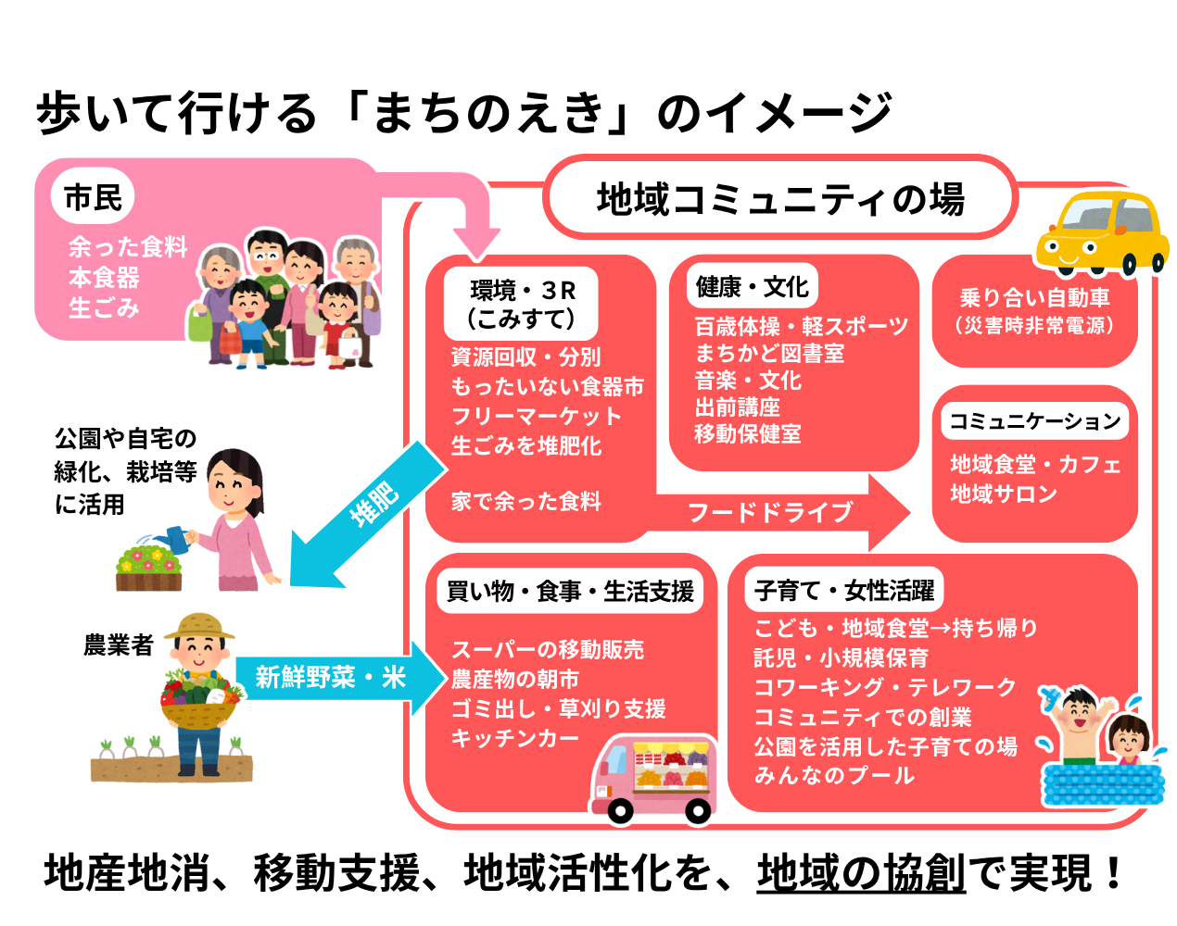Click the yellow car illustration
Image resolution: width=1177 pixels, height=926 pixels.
pyautogui.click(x=1103, y=232)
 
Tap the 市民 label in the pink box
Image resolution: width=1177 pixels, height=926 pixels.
pyautogui.click(x=93, y=197)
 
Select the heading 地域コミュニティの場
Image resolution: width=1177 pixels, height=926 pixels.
pyautogui.click(x=779, y=199)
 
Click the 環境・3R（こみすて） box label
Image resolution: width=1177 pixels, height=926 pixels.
pyautogui.click(x=522, y=304)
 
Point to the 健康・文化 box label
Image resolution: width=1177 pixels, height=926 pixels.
pyautogui.click(x=752, y=287)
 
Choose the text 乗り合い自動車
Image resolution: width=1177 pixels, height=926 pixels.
pyautogui.click(x=1034, y=298)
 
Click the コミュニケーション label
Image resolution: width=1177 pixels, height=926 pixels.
pyautogui.click(x=1034, y=421)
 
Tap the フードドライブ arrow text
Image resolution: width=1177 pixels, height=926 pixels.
pyautogui.click(x=770, y=512)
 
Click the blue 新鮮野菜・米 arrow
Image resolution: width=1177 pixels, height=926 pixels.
pyautogui.click(x=334, y=678)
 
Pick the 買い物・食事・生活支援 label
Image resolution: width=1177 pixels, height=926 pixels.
pyautogui.click(x=570, y=591)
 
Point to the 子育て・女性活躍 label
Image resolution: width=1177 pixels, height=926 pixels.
pyautogui.click(x=843, y=591)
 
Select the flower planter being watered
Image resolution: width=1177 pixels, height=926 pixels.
pyautogui.click(x=148, y=569)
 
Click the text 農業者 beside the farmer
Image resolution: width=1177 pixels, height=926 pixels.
pyautogui.click(x=118, y=645)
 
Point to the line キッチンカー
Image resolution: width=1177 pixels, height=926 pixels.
pyautogui.click(x=514, y=738)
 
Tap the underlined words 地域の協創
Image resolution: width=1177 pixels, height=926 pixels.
pyautogui.click(x=861, y=872)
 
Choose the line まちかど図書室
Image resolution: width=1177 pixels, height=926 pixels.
pyautogui.click(x=769, y=354)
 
